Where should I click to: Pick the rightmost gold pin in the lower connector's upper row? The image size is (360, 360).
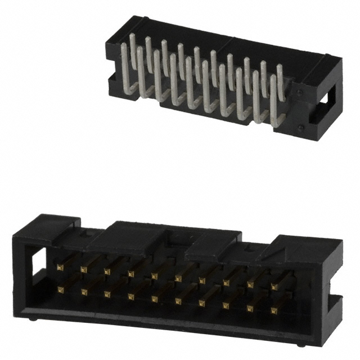[x=274, y=286]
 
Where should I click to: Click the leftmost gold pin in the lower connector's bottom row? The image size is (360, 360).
[x=60, y=289]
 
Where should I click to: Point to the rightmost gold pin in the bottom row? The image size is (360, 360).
[x=273, y=309]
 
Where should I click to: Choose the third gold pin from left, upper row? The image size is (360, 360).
[x=107, y=271]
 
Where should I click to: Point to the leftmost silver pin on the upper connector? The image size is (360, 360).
[x=125, y=67]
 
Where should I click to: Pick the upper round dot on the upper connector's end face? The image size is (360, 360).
[x=300, y=90]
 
